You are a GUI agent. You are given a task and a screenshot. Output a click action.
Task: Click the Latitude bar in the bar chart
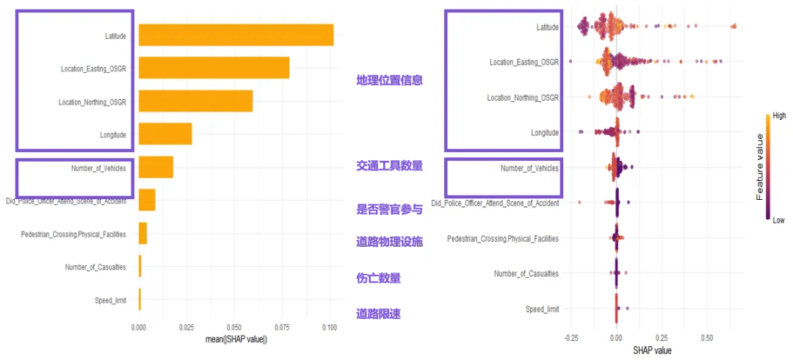(x=235, y=35)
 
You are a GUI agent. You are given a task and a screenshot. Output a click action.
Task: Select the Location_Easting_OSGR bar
(x=213, y=68)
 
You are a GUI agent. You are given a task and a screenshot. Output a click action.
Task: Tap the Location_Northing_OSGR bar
(x=195, y=101)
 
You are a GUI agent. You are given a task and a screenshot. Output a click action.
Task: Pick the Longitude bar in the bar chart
(x=164, y=134)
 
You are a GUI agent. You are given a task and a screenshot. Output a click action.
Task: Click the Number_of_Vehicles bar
(x=155, y=167)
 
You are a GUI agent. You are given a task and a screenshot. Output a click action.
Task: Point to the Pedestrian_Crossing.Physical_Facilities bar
(x=142, y=234)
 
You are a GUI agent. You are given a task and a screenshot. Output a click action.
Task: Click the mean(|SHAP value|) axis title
(x=233, y=339)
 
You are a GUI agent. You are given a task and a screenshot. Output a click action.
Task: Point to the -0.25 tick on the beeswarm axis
(x=571, y=339)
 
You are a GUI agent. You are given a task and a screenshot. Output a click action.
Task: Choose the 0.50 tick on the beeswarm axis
(x=706, y=339)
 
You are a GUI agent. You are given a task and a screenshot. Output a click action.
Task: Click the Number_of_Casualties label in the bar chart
(x=95, y=267)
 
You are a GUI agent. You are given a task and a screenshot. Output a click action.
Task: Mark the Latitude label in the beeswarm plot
(x=547, y=27)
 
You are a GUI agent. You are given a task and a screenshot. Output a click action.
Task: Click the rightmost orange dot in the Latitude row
(x=734, y=27)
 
